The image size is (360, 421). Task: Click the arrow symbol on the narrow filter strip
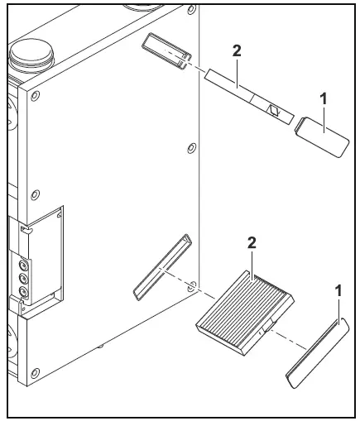coord(273,108)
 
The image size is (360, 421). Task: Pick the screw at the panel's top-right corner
coord(190,12)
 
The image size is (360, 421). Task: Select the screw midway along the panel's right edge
coord(191,149)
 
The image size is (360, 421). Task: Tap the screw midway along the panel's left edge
coord(34,196)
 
